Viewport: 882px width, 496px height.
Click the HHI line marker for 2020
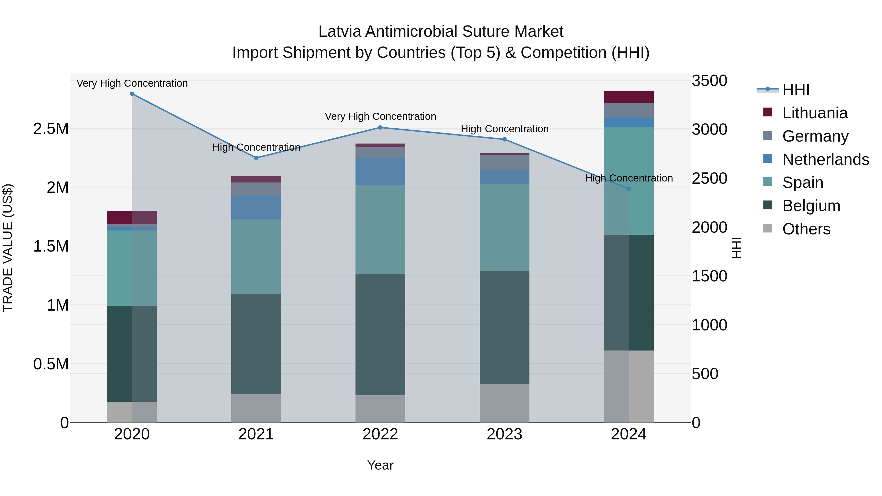(x=132, y=94)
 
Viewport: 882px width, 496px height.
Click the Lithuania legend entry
(x=815, y=113)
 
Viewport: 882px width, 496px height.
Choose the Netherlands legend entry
(x=825, y=159)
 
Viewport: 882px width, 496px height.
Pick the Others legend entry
(x=806, y=229)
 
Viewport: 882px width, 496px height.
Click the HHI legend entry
(x=796, y=90)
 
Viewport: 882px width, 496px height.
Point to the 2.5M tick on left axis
(x=51, y=129)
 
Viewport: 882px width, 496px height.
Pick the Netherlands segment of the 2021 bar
(x=256, y=207)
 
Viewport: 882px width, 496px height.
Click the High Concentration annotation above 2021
(x=256, y=147)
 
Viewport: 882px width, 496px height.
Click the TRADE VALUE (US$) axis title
(x=8, y=248)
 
